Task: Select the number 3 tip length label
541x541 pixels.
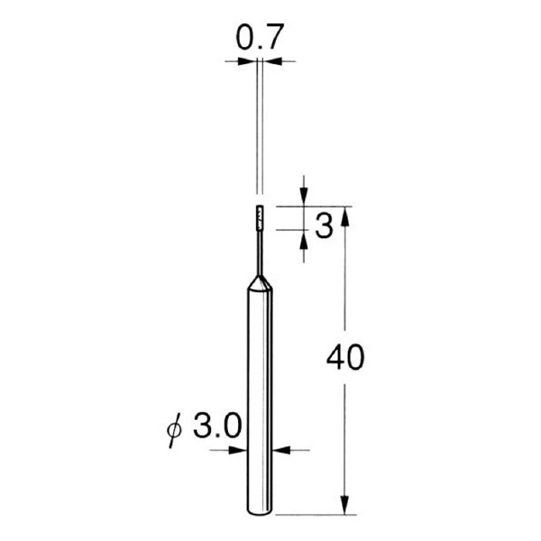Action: coord(324,225)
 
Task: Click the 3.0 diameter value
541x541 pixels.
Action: coord(217,426)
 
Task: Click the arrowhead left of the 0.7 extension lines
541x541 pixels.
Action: coord(246,60)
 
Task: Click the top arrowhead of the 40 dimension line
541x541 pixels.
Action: coord(344,215)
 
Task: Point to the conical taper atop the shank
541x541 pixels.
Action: coord(259,284)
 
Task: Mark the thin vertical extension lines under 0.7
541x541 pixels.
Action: coord(259,126)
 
